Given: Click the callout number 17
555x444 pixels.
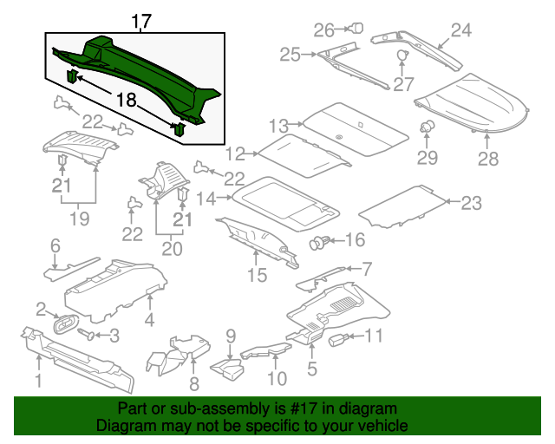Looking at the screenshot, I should [x=140, y=21].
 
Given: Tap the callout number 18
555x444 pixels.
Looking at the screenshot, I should [x=127, y=101].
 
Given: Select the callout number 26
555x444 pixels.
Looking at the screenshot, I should [x=323, y=29].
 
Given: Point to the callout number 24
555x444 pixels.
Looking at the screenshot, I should [x=460, y=30].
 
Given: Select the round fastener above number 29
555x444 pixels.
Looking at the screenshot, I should [x=427, y=128].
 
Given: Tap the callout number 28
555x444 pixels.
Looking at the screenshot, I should [x=488, y=159].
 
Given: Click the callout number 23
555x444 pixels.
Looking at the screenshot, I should [x=471, y=204].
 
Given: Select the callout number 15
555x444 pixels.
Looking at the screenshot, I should [x=257, y=277].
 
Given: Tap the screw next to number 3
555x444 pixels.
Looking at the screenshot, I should [x=87, y=333].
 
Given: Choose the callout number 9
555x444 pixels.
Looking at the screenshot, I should [x=231, y=336].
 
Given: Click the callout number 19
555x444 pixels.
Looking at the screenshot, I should [x=79, y=219].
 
